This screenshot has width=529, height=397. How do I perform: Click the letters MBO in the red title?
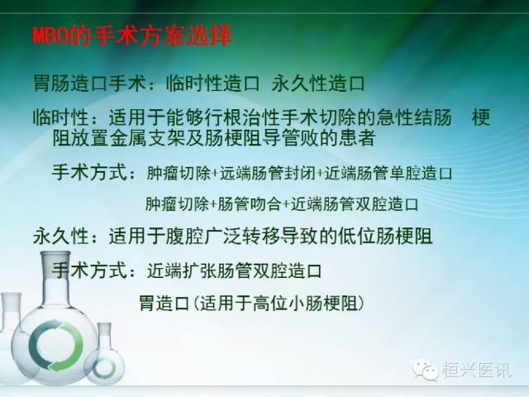point(46,37)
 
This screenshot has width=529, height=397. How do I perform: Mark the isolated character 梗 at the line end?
point(480,116)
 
